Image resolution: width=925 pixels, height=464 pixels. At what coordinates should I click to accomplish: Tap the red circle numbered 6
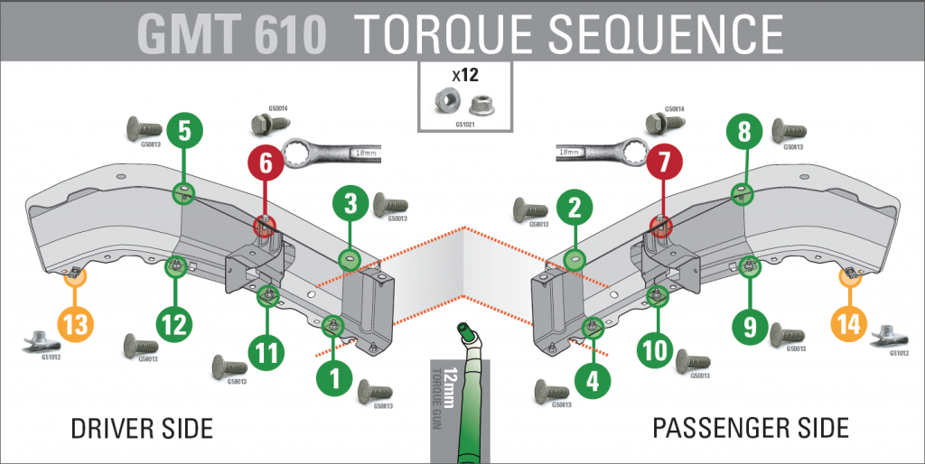point(265,164)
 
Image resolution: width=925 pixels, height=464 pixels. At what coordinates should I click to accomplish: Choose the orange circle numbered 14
point(849,323)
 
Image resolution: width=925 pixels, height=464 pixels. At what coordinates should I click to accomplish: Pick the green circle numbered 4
point(593,381)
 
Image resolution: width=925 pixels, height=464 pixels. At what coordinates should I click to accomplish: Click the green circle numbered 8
point(744,133)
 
